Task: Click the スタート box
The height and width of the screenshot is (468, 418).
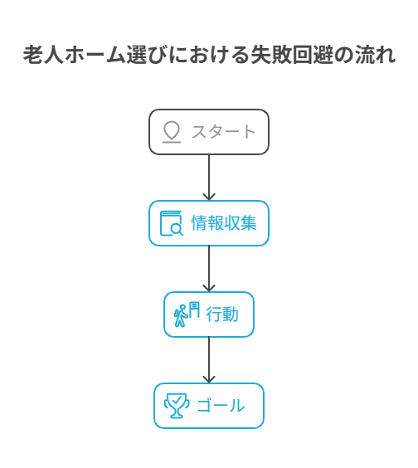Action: [x=209, y=132]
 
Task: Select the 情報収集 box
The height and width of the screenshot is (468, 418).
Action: [x=209, y=223]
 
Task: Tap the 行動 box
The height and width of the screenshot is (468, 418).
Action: [x=209, y=314]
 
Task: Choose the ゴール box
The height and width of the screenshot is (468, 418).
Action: [x=209, y=406]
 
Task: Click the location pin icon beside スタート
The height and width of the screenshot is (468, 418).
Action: [x=172, y=132]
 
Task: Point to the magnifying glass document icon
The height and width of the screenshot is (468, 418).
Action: [x=172, y=223]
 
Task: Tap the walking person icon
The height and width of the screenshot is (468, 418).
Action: [x=181, y=316]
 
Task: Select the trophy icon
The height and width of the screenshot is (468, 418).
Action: [x=177, y=406]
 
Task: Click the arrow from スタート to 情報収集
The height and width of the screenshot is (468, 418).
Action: [x=209, y=178]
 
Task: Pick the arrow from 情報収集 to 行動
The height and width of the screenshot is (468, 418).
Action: [x=209, y=269]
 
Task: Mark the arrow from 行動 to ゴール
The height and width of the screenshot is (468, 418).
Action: [x=209, y=360]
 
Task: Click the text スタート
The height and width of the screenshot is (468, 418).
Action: [x=223, y=132]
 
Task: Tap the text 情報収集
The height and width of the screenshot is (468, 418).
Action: [x=224, y=223]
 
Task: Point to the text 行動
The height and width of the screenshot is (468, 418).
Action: [x=222, y=314]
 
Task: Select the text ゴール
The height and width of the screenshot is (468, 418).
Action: [x=221, y=406]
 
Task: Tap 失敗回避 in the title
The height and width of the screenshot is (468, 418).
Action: [x=292, y=55]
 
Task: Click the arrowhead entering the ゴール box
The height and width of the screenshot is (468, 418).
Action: [x=209, y=379]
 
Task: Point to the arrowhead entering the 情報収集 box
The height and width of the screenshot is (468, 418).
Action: [x=209, y=197]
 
